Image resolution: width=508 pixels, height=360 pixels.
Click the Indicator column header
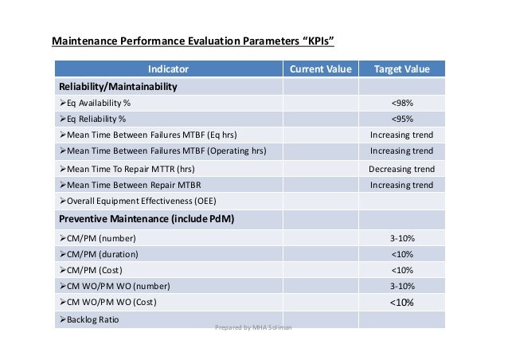click(x=170, y=69)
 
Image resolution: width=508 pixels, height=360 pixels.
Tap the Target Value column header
click(x=401, y=69)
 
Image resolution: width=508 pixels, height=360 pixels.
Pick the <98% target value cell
click(x=401, y=103)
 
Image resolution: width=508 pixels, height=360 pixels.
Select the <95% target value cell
click(x=401, y=119)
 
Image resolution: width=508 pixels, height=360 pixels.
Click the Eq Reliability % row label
click(x=92, y=119)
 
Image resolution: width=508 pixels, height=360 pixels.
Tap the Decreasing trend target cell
click(x=401, y=169)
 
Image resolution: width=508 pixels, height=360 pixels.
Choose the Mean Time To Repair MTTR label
click(x=127, y=169)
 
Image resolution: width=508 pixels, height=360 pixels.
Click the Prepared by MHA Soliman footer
click(x=254, y=327)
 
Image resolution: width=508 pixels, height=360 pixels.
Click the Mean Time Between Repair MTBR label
click(x=126, y=185)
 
